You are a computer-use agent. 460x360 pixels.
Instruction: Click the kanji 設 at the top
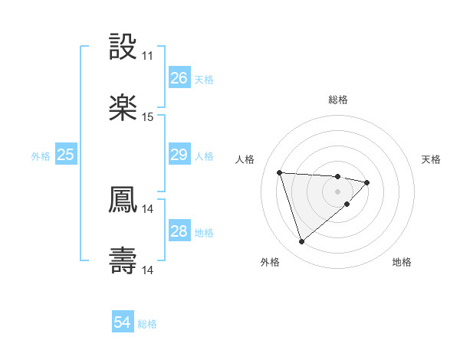[x=123, y=47]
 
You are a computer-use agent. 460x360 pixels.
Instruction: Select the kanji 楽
[x=123, y=108]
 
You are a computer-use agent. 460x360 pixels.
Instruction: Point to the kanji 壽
[x=123, y=260]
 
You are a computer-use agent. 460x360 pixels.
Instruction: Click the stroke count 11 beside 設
[x=147, y=57]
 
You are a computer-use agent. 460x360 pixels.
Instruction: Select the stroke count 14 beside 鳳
[x=147, y=208]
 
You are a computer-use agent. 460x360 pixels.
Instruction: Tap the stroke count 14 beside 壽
[x=147, y=270]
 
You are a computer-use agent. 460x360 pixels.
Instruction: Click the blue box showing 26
[x=179, y=78]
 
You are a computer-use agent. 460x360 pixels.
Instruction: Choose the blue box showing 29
[x=179, y=155]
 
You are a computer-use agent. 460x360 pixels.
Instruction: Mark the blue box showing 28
[x=179, y=231]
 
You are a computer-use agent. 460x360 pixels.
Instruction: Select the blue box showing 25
[x=65, y=155]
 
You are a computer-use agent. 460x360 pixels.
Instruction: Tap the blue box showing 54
[x=122, y=323]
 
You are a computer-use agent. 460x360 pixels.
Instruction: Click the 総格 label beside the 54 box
[x=147, y=324]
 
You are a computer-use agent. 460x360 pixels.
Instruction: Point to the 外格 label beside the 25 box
[x=41, y=155]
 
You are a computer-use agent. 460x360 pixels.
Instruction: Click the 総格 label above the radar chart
[x=338, y=100]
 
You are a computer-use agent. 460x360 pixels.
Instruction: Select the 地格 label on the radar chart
[x=402, y=262]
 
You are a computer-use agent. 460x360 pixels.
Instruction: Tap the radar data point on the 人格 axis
[x=280, y=172]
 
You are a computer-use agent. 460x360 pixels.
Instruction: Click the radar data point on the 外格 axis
[x=301, y=242]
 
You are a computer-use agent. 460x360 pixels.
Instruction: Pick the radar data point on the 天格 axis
[x=367, y=182]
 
